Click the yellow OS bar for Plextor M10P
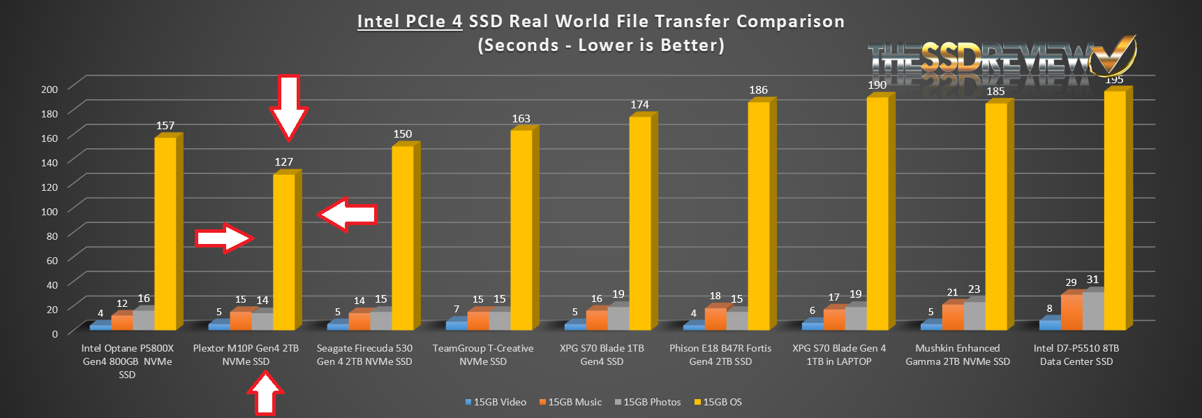pyautogui.click(x=283, y=252)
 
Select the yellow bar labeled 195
pyautogui.click(x=1114, y=210)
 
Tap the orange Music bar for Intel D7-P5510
pyautogui.click(x=1071, y=312)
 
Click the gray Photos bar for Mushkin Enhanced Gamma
pyautogui.click(x=974, y=315)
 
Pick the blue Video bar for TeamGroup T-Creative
pyautogui.click(x=456, y=325)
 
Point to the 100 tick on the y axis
pyautogui.click(x=50, y=211)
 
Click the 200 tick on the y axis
pyautogui.click(x=50, y=89)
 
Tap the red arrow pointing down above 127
pyautogui.click(x=288, y=106)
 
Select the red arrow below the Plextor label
pyautogui.click(x=265, y=395)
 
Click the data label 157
pyautogui.click(x=165, y=126)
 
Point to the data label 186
pyautogui.click(x=758, y=90)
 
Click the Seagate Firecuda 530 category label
pyautogui.click(x=364, y=354)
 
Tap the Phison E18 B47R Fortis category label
pyautogui.click(x=720, y=354)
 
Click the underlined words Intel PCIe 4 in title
pyautogui.click(x=409, y=22)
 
